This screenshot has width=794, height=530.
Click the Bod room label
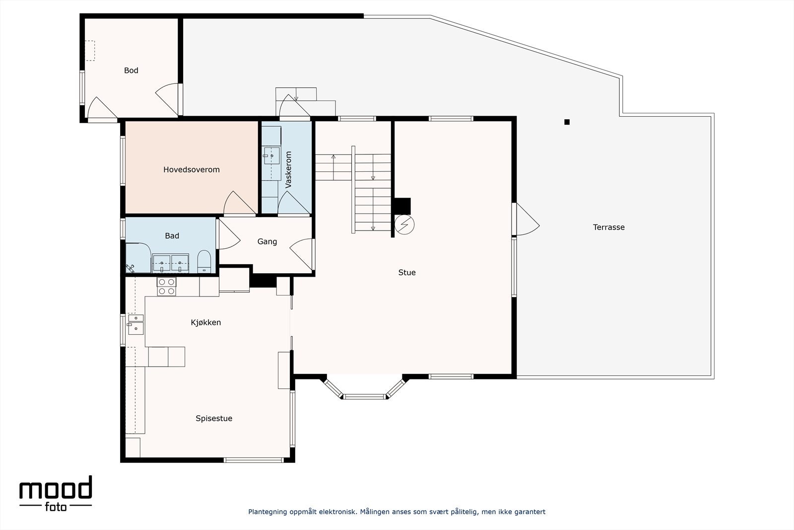coord(131,70)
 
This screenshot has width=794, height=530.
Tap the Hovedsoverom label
coord(192,169)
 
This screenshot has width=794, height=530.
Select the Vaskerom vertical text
coord(288,169)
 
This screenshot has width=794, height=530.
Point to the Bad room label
coord(172,235)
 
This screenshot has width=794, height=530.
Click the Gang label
coord(267,241)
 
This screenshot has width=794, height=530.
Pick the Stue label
coord(407,272)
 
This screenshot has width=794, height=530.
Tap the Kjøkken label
coord(205,322)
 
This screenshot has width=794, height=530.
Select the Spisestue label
coord(214,418)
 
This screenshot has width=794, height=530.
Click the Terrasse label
coord(608,227)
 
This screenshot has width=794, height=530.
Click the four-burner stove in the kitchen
coord(167,287)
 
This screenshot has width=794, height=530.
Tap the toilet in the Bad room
coord(204,261)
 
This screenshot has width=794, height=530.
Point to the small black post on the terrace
coord(567,122)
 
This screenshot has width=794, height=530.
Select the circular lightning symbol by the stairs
coord(404,225)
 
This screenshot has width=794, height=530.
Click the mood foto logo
coord(56,493)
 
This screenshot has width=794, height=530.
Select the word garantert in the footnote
coord(530,512)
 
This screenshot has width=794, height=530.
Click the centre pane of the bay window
coord(364,396)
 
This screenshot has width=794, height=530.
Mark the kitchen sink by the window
coord(136,324)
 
